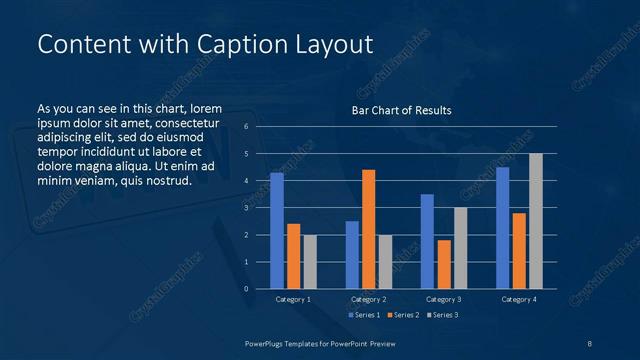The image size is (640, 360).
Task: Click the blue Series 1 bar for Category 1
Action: point(277,231)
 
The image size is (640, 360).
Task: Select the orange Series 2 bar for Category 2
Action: point(369,229)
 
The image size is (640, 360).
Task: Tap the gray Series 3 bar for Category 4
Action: point(536,221)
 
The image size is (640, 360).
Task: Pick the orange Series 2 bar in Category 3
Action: point(444,264)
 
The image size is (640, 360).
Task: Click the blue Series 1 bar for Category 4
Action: point(502,228)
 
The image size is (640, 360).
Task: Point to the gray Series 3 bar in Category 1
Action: point(310,262)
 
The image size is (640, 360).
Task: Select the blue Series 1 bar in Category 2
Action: point(352,255)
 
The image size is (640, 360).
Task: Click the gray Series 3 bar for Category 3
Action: point(461,248)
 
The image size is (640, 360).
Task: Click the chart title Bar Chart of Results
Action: point(401,110)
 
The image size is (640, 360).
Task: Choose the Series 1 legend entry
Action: point(365,315)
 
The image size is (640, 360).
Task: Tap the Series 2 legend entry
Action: point(401,315)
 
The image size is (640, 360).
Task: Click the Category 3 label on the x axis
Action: point(443,299)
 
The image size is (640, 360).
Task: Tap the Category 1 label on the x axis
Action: point(293,299)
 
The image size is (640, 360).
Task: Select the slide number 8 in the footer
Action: point(590,343)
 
